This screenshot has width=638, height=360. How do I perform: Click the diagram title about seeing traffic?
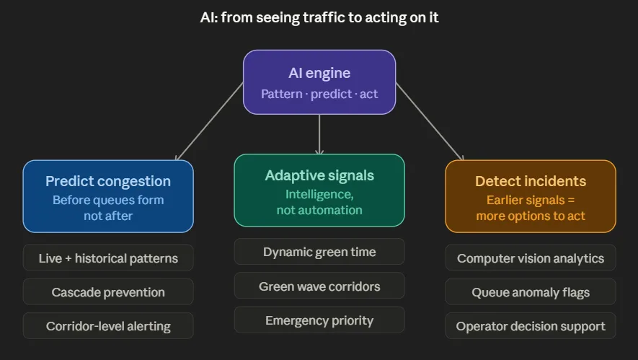pos(319,17)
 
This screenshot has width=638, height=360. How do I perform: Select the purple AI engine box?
pos(319,82)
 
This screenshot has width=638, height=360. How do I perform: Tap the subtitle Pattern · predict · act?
pos(319,94)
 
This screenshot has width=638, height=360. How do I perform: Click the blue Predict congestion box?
pos(108,196)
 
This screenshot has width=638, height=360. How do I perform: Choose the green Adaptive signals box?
pos(319,190)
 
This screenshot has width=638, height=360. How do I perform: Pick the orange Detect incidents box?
pos(531,196)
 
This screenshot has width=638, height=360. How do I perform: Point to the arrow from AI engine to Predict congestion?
pos(209,121)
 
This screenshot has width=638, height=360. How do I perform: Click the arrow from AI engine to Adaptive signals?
pos(319,134)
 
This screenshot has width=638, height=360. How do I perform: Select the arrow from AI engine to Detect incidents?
pos(430,121)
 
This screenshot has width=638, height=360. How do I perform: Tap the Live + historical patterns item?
pos(108,258)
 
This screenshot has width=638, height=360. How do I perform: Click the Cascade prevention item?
pos(108,292)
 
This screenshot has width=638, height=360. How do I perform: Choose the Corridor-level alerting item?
pos(108,326)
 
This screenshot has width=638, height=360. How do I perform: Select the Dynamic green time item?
pos(319,252)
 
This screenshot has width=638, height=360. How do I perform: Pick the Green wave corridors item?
pos(319,286)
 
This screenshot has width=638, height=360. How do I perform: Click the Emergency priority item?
pos(319,320)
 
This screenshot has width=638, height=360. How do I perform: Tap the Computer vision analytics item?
pos(531,258)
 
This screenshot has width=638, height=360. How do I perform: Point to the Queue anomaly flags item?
pos(531,292)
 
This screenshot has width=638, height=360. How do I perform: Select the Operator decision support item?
pos(531,326)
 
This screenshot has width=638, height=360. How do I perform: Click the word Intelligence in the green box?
pos(319,195)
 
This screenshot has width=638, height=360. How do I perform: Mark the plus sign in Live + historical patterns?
pos(68,258)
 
